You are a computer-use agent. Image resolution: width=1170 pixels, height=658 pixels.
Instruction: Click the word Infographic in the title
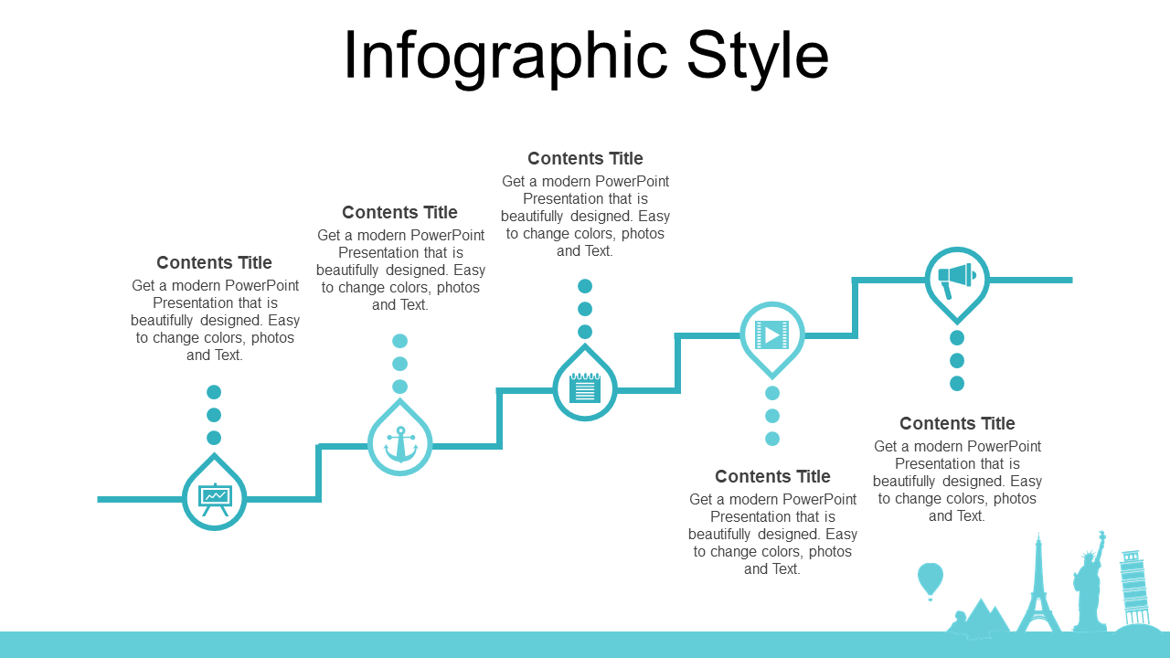coord(505,57)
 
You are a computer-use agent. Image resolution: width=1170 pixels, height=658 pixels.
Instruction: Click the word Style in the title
coord(758,57)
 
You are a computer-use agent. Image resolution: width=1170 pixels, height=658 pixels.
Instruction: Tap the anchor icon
coord(400,444)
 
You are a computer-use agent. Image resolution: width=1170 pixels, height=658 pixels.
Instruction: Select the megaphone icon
coord(957,280)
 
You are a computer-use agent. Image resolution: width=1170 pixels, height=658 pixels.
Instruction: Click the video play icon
coord(772,334)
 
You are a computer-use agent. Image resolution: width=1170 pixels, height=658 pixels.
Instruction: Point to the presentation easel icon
coord(215,499)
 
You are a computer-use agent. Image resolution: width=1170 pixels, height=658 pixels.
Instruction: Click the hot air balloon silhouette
coord(931,581)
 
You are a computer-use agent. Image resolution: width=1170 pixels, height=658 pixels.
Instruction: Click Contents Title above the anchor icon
coord(399,213)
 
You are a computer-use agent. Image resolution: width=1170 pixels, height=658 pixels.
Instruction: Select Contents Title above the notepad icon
coord(585,158)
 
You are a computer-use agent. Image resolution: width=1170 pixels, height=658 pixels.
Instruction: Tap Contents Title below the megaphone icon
coord(957,423)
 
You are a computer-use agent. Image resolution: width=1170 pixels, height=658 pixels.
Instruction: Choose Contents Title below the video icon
coord(772,476)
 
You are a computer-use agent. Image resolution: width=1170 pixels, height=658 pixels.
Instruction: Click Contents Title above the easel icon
coord(214,262)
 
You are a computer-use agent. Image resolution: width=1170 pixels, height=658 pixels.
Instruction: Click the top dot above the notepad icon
coord(585,286)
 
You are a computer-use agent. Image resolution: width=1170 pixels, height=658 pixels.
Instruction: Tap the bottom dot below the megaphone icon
coord(957,384)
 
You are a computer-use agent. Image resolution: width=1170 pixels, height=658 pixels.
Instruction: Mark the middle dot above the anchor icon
coord(400,364)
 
